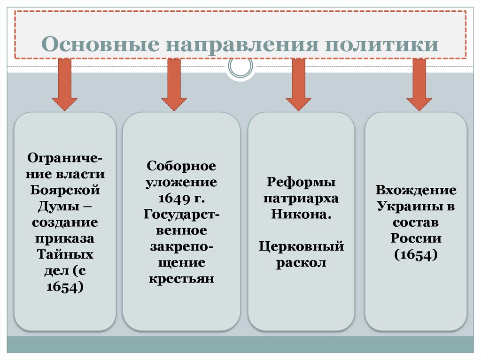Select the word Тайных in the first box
point(65,254)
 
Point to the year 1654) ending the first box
point(65,287)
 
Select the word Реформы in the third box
point(301,182)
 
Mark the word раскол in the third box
point(301,262)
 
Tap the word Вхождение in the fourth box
point(416,190)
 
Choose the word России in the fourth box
point(416,238)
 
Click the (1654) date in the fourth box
point(416,254)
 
